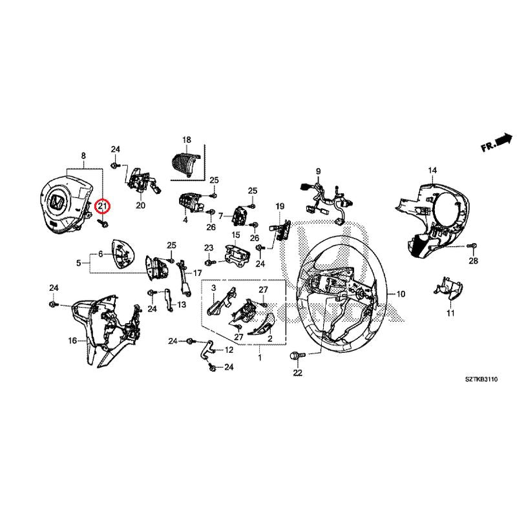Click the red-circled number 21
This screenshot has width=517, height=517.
[x=102, y=207]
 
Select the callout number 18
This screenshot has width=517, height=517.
[x=187, y=140]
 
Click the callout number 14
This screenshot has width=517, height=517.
[x=432, y=170]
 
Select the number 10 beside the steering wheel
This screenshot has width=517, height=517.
[x=401, y=294]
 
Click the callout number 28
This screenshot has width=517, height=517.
[x=473, y=261]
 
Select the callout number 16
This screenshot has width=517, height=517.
[x=71, y=340]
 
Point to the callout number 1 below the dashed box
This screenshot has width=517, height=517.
[x=260, y=357]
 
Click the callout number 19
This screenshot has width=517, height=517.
[x=280, y=206]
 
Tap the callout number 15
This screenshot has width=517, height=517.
[x=236, y=235]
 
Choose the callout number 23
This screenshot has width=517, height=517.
[x=209, y=248]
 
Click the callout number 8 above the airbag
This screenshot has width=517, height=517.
[x=83, y=156]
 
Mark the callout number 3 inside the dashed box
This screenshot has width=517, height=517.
[x=212, y=295]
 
